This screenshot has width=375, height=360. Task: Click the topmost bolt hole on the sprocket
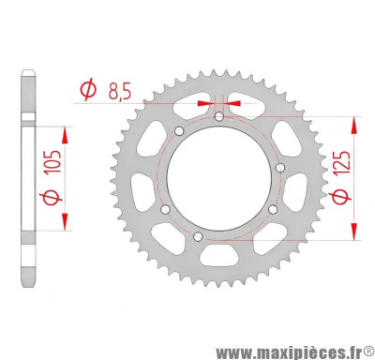coord(218,117)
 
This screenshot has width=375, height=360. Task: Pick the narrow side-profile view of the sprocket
coord(31,178)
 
